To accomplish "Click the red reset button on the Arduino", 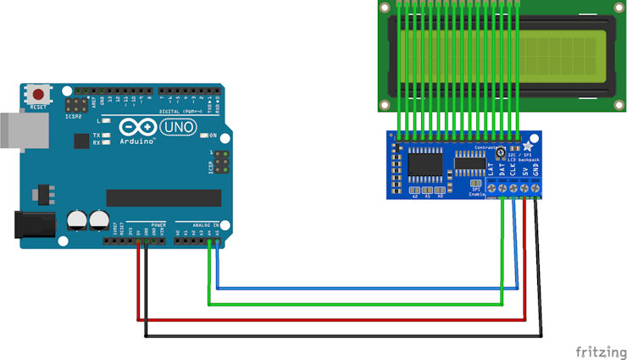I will tap(38, 93).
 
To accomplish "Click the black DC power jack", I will tap(31, 224).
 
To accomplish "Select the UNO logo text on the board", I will tap(178, 127).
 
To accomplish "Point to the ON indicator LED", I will tap(203, 136).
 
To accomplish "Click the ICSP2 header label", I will tap(75, 116).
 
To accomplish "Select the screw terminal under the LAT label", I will tap(491, 187).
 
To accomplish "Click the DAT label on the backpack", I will tap(502, 169).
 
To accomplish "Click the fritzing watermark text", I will tap(601, 352).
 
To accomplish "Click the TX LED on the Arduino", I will tap(108, 135).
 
